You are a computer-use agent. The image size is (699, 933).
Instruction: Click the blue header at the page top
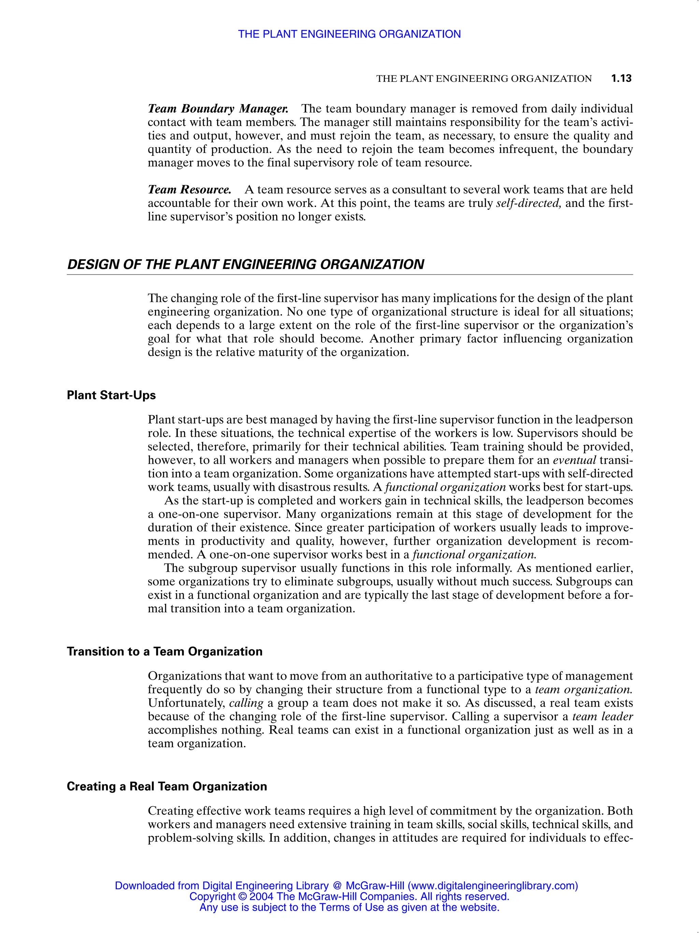tap(349, 34)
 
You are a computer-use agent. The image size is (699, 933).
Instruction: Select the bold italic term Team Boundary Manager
tap(218, 109)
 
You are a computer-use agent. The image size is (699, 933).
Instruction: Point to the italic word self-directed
tap(529, 203)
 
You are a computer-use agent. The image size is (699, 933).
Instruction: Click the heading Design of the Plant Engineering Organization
tap(245, 264)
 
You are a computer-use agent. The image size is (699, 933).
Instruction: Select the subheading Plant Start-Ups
tap(111, 395)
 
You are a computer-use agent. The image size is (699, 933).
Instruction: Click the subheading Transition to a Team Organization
tap(165, 652)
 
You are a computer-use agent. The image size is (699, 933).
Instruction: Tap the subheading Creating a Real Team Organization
tap(167, 786)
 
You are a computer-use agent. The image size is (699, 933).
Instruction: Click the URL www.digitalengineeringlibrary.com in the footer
tap(493, 886)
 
